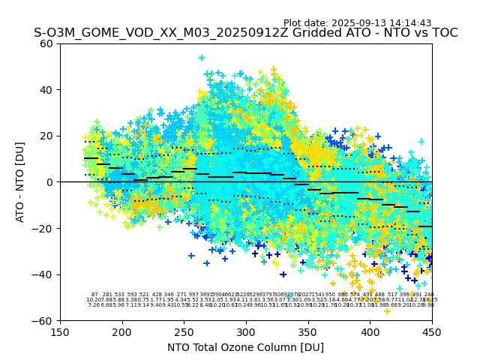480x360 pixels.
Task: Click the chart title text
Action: [245, 33]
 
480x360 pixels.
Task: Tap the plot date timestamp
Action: [357, 23]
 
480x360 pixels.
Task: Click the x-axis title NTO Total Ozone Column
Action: [245, 347]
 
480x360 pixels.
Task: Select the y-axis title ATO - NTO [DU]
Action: [20, 182]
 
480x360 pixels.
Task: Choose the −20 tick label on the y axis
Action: [45, 228]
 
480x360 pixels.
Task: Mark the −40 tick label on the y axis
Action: [45, 274]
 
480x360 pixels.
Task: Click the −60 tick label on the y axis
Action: [45, 320]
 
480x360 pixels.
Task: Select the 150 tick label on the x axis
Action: [60, 331]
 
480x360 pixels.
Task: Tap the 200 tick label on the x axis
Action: [122, 331]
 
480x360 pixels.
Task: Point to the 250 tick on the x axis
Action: [184, 331]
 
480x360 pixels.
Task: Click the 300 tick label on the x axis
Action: [246, 331]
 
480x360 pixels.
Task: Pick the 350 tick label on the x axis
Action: [307, 331]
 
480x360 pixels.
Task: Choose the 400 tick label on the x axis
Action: [370, 331]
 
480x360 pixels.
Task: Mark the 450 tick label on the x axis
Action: [431, 331]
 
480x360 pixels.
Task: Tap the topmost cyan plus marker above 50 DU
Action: [201, 58]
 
